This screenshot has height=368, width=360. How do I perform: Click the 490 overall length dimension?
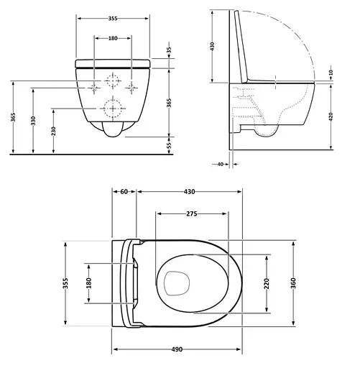(x=177, y=349)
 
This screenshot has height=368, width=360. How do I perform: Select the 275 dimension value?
(x=192, y=213)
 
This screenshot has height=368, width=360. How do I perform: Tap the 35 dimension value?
(x=170, y=52)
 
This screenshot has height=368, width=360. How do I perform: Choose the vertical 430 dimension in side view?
(x=213, y=45)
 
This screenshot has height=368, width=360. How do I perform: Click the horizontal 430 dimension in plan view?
(x=188, y=192)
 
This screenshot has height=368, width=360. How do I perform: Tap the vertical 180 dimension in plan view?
(x=89, y=284)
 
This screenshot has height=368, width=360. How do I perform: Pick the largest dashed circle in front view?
(x=113, y=109)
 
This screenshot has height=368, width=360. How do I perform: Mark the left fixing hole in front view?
(x=95, y=86)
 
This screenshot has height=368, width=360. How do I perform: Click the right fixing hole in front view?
(x=131, y=86)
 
